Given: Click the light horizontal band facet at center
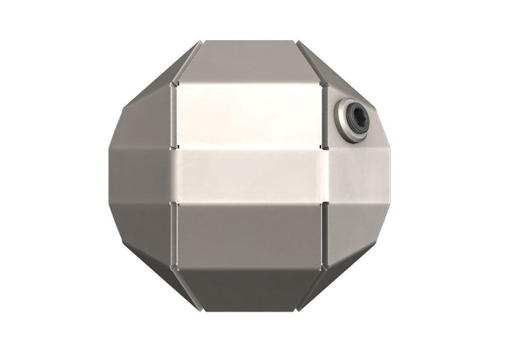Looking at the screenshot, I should click(249, 176).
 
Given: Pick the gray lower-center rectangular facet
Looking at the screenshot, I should click(249, 234).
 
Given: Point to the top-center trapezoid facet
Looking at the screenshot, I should click(249, 61).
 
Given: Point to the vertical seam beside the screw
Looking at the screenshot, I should click(324, 116).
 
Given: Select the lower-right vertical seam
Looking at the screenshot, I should click(324, 235).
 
